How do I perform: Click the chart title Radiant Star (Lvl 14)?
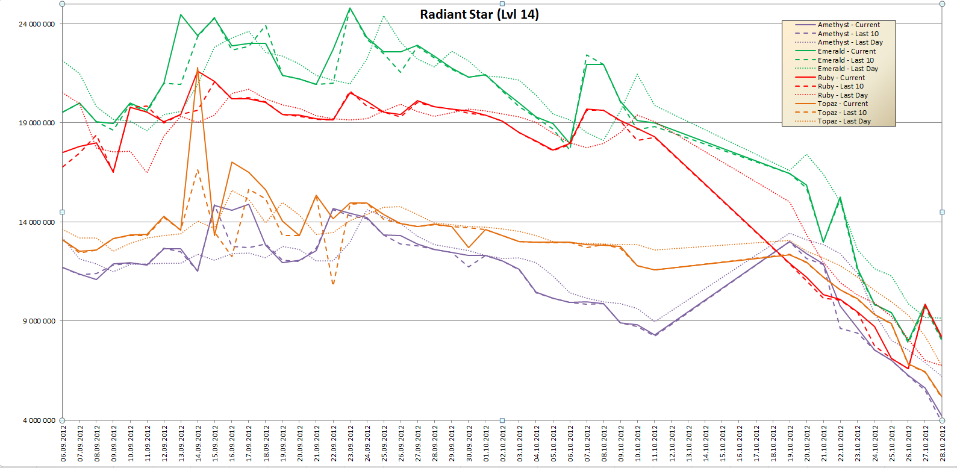(479, 14)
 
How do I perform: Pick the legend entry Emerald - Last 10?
(845, 60)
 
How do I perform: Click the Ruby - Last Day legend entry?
(843, 95)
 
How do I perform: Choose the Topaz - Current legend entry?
(843, 104)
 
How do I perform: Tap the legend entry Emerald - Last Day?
(847, 69)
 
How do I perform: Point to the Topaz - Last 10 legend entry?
(842, 113)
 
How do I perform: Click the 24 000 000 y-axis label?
(37, 24)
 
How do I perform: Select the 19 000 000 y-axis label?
(37, 123)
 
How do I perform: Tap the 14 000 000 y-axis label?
(37, 222)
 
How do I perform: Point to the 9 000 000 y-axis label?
(39, 321)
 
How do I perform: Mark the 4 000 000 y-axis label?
(39, 420)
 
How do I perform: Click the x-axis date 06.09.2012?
(63, 443)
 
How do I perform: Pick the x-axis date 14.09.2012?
(198, 443)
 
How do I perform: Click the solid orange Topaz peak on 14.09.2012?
(198, 68)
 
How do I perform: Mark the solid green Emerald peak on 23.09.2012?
(350, 8)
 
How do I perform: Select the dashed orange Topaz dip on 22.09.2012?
(333, 283)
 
